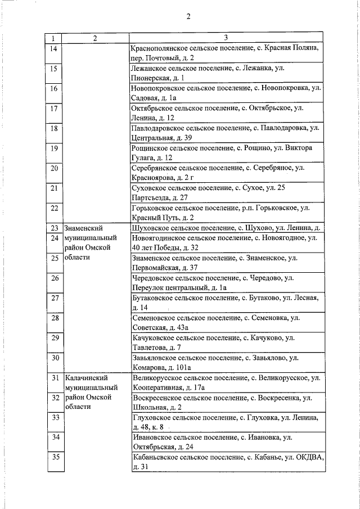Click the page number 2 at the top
pyautogui.click(x=189, y=16)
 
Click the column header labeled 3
pyautogui.click(x=226, y=38)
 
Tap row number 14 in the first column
pyautogui.click(x=53, y=49)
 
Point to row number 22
pyautogui.click(x=54, y=208)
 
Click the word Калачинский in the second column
pyautogui.click(x=85, y=378)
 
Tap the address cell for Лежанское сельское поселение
pyautogui.click(x=226, y=73)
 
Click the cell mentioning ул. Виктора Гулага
pyautogui.click(x=226, y=152)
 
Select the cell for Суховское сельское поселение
pyautogui.click(x=226, y=192)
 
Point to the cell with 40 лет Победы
pyautogui.click(x=226, y=242)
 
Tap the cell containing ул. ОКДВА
pyautogui.click(x=226, y=462)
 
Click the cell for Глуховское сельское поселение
pyautogui.click(x=226, y=422)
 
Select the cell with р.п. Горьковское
pyautogui.click(x=226, y=212)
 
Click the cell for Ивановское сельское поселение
pyautogui.click(x=226, y=442)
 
